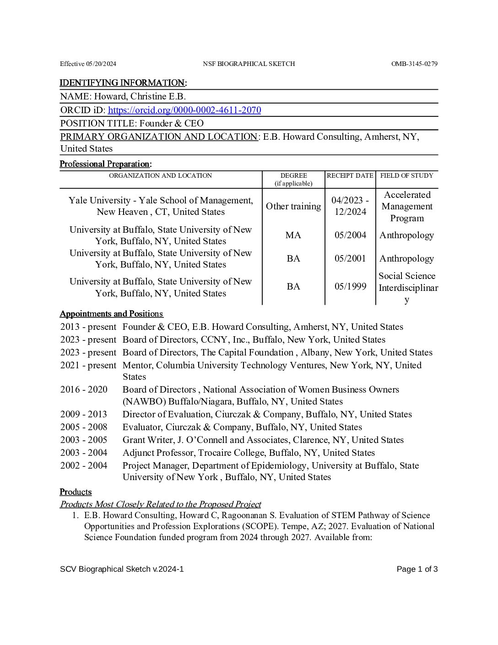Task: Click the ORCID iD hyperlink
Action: [184, 110]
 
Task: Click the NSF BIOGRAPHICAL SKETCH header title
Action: [249, 64]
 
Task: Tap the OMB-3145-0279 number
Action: [414, 64]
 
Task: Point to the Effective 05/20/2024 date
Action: [88, 64]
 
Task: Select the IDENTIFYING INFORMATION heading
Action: [123, 83]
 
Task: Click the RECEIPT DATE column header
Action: [350, 175]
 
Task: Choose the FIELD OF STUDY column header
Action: [406, 175]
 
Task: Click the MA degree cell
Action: [293, 235]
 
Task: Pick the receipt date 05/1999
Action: [350, 287]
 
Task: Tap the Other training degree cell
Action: [293, 206]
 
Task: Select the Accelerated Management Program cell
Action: [407, 206]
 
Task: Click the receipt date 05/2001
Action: [350, 258]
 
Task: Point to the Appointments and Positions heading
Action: [111, 314]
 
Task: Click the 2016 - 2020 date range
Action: [84, 389]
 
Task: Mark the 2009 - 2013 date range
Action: [84, 414]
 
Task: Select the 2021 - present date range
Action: [88, 365]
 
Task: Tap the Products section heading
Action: [76, 492]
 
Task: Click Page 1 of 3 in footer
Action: [417, 569]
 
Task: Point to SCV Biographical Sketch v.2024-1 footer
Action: [122, 569]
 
